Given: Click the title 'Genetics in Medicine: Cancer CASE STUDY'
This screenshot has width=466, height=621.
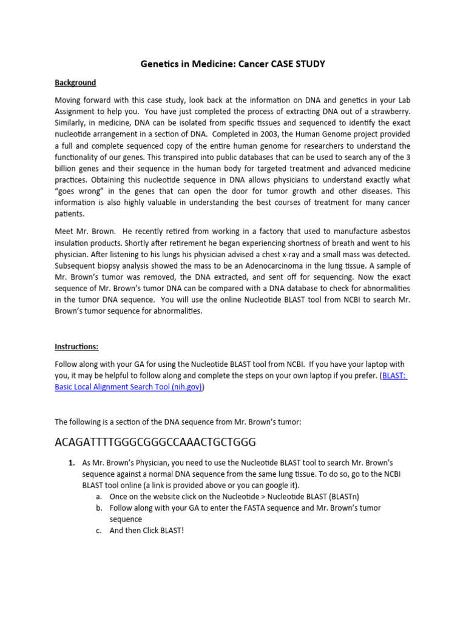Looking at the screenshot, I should point(233,64).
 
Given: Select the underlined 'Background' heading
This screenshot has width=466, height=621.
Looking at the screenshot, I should point(75,82).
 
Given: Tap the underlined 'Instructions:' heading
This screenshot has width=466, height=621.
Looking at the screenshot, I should point(76,347).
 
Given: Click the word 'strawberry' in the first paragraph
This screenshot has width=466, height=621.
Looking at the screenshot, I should point(389,112).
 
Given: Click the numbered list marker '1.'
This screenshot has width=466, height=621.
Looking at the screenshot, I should point(71,463).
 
